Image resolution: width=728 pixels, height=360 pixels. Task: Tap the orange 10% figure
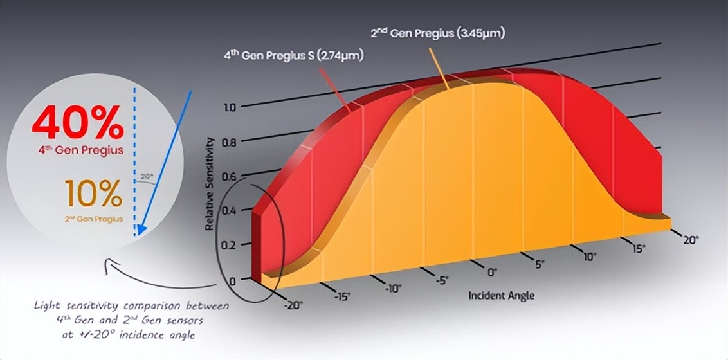click(93, 194)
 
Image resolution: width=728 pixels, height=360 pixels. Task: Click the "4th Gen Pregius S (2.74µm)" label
click(294, 56)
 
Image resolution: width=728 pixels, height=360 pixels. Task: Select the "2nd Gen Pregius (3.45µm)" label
click(437, 33)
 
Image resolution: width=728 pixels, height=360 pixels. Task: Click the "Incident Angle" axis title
click(501, 295)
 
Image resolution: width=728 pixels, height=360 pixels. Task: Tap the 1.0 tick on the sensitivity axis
click(230, 107)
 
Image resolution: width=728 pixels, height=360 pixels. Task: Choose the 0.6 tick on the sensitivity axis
click(230, 177)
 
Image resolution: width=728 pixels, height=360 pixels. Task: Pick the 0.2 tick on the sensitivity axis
click(230, 246)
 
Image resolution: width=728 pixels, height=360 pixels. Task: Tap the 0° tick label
click(492, 272)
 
